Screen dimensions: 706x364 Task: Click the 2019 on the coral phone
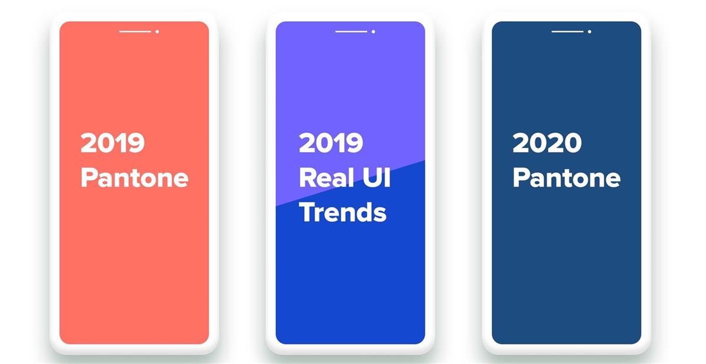tap(112, 143)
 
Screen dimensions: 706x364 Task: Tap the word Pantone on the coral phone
tap(135, 178)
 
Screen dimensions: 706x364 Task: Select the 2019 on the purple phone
tap(331, 143)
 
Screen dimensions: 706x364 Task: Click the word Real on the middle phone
tap(326, 178)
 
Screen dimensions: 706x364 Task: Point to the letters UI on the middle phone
tap(377, 178)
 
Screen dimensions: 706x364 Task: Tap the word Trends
tap(342, 212)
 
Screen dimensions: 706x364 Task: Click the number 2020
tap(547, 143)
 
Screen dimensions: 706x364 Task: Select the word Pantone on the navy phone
tap(567, 178)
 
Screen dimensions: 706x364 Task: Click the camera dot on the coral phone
tap(157, 32)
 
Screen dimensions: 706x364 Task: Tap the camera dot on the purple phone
tap(374, 32)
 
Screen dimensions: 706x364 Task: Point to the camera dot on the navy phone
tap(590, 32)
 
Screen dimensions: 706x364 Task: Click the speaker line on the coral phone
tap(135, 32)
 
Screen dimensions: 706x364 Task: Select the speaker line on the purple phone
tap(351, 32)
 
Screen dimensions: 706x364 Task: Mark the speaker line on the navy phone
tap(567, 32)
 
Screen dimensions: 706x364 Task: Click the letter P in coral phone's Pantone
tap(89, 178)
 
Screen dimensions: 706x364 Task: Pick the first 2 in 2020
tap(521, 143)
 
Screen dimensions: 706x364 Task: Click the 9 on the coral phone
tap(136, 143)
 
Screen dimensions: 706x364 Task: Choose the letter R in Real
tap(308, 178)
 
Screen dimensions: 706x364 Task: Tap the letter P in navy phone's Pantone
tap(521, 178)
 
